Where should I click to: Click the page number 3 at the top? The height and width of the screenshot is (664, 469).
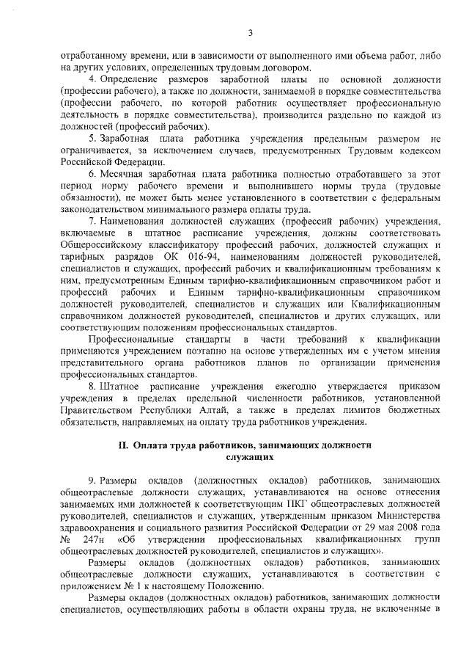coord(250,32)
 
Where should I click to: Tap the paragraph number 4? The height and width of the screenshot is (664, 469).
coord(92,79)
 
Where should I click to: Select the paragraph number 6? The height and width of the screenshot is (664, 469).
coord(92,173)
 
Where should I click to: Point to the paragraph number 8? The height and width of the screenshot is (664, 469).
coord(92,384)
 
